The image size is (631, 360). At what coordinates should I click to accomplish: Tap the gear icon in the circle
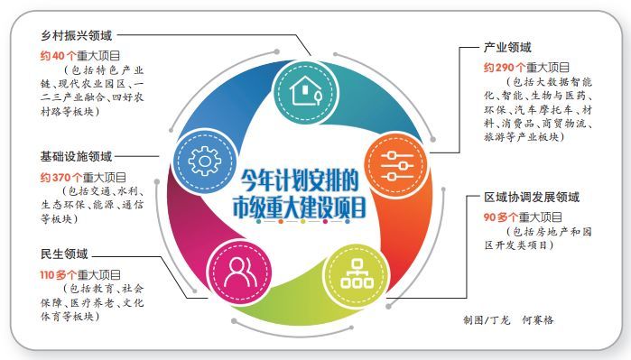(206, 162)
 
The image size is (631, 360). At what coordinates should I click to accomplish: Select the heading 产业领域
(508, 46)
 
